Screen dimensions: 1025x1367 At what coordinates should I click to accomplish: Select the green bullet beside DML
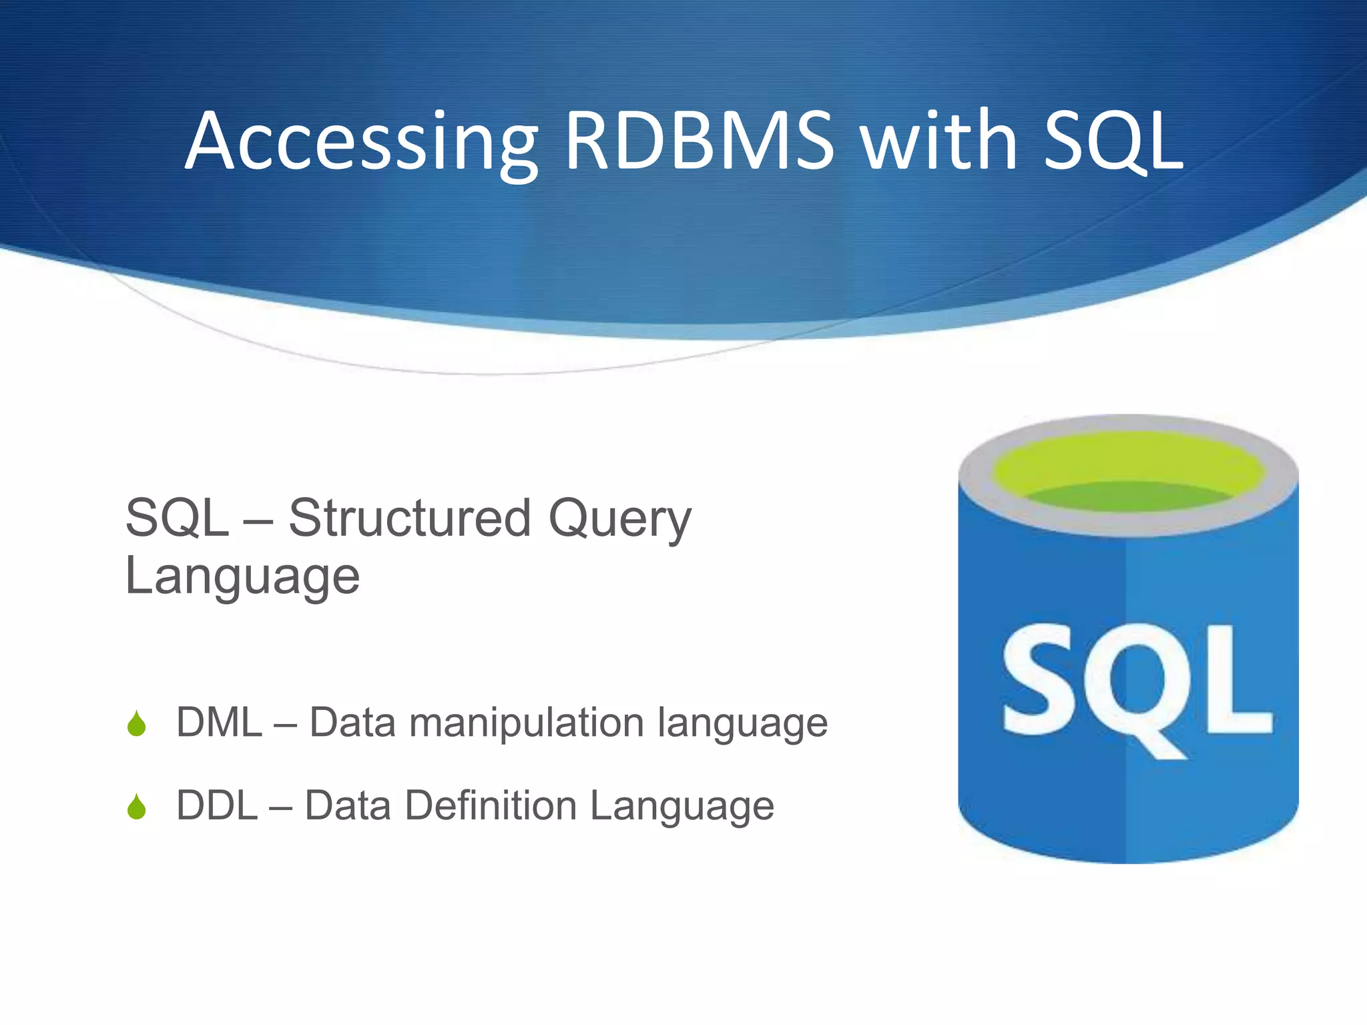click(x=137, y=723)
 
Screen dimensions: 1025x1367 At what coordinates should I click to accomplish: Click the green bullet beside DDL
click(x=137, y=807)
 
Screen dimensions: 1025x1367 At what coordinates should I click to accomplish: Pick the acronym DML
click(x=219, y=723)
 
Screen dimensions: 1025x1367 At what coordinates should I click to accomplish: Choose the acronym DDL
click(x=217, y=805)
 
